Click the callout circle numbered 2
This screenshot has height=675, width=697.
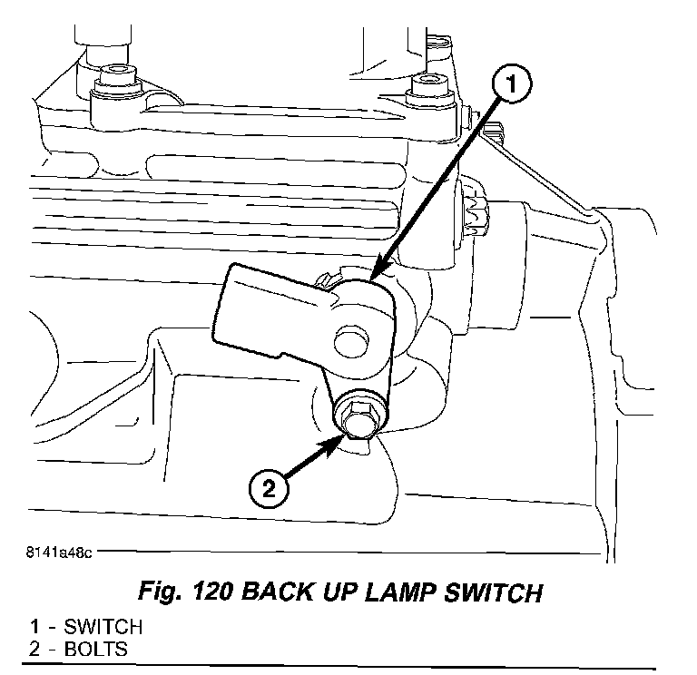pos(267,490)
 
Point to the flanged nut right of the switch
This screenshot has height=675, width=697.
pos(476,215)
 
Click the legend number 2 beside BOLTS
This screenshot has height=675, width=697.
pos(34,649)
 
